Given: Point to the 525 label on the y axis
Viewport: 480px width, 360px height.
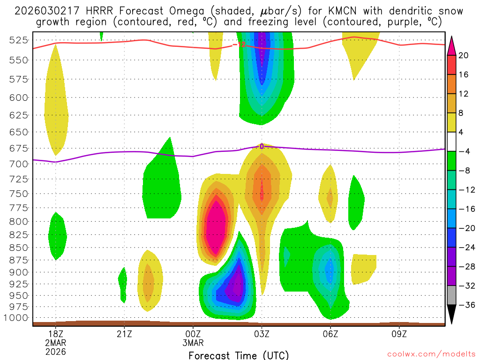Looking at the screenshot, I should (18, 40).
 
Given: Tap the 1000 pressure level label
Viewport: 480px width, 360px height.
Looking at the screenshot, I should (16, 318).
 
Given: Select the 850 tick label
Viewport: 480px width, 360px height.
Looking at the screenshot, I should (18, 247).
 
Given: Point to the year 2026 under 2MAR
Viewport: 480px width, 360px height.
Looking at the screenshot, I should (56, 352).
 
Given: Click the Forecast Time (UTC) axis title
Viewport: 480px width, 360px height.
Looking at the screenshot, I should (239, 355).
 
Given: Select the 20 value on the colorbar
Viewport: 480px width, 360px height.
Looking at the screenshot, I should (464, 55).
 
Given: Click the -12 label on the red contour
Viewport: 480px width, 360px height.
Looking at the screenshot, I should (240, 45).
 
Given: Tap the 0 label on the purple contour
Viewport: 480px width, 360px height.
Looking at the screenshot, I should (262, 146).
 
